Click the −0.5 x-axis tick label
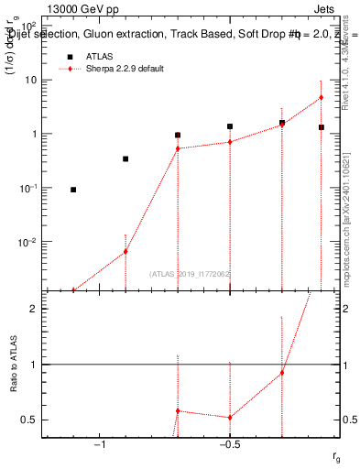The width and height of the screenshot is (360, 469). pos(229,444)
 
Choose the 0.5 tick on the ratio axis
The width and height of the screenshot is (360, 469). pos(29,420)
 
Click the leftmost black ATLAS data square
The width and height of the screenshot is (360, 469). pos(73,190)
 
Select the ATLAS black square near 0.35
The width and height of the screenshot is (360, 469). pos(125,158)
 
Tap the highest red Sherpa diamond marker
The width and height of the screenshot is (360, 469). pos(321,97)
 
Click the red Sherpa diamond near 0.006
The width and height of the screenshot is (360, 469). pos(125,251)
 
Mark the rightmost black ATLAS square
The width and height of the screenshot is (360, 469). pos(321,127)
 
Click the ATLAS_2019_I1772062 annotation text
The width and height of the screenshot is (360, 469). pos(190,274)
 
